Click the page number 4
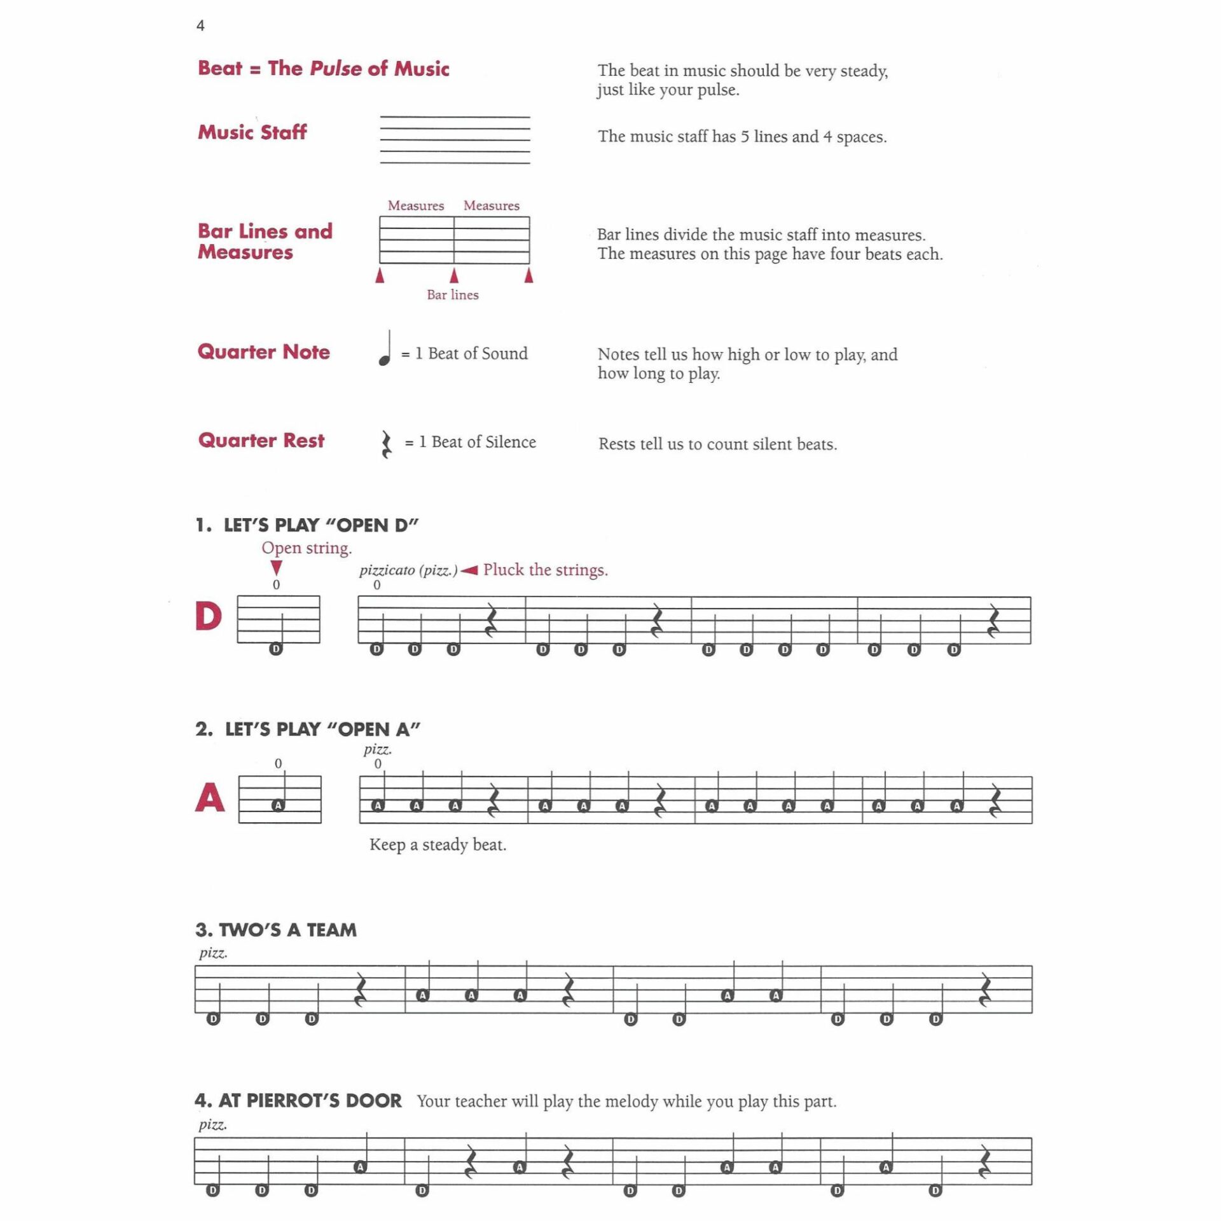click(x=200, y=26)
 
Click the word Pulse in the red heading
click(x=335, y=69)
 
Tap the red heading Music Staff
click(x=252, y=132)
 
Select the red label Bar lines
click(x=452, y=295)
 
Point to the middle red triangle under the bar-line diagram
click(x=454, y=275)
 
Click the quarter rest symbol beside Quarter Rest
click(x=386, y=444)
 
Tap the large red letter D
click(x=208, y=616)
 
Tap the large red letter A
click(x=210, y=797)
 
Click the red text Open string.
click(x=307, y=548)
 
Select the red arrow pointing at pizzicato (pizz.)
click(x=469, y=570)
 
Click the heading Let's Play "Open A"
click(x=308, y=729)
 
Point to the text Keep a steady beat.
click(x=438, y=845)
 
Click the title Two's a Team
click(x=276, y=930)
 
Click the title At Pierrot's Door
click(x=298, y=1101)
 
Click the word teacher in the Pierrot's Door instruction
click(x=483, y=1102)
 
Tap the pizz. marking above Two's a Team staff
click(x=213, y=953)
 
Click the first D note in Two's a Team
click(x=214, y=1019)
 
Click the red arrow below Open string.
click(x=276, y=567)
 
